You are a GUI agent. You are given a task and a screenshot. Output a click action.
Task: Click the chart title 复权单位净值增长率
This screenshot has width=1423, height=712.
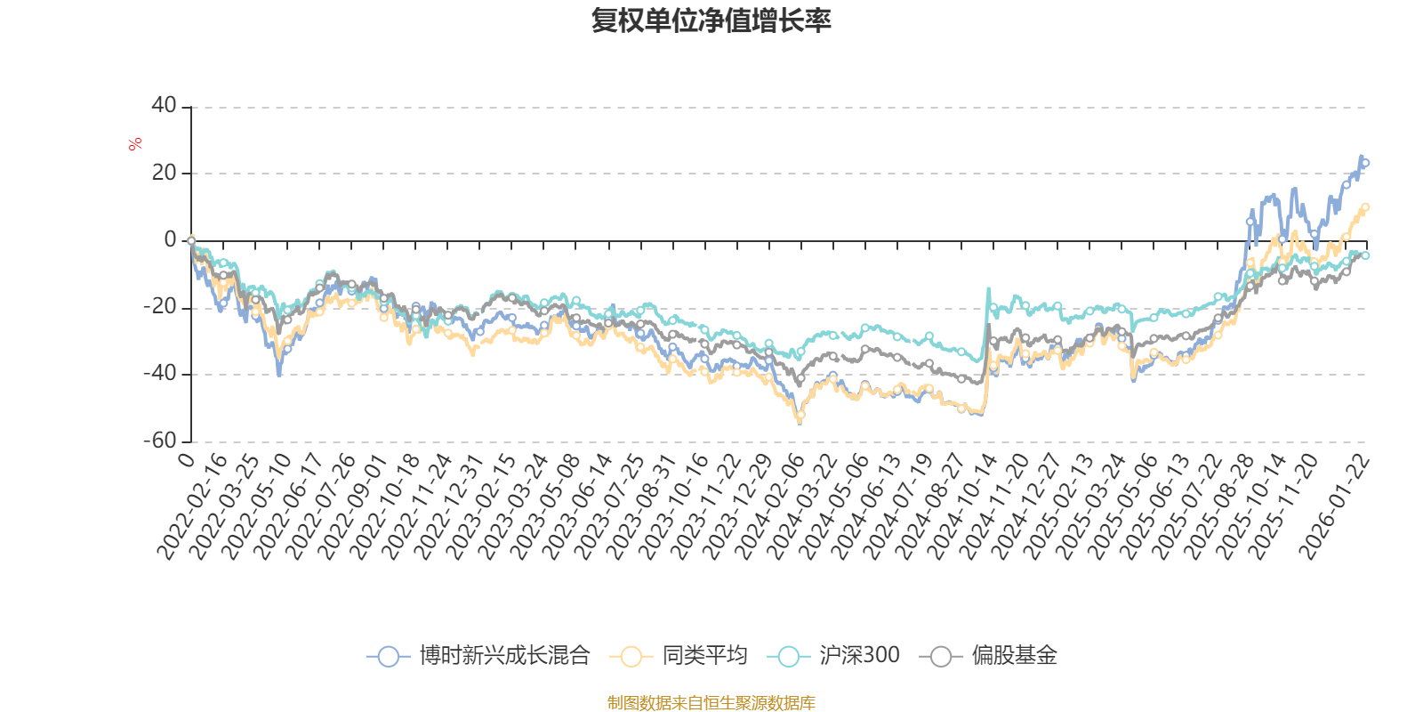(711, 20)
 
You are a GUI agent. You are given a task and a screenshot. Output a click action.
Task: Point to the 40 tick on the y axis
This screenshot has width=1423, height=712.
(165, 105)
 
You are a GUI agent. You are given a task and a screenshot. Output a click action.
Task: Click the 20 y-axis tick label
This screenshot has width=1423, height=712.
(165, 173)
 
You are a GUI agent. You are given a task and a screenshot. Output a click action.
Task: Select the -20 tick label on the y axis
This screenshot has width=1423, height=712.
(160, 307)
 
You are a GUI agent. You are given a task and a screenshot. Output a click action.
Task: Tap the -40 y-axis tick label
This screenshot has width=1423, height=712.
(160, 374)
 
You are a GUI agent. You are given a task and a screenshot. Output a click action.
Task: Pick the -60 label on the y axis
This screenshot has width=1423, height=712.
(160, 441)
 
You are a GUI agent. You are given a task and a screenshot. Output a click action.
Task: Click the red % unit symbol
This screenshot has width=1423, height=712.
(135, 144)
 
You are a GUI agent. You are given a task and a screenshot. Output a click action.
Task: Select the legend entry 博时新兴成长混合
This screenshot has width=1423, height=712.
(504, 657)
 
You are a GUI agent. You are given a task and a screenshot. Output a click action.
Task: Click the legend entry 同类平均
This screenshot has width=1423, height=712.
(703, 657)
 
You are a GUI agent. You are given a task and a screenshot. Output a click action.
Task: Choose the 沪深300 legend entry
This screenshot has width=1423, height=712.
(858, 657)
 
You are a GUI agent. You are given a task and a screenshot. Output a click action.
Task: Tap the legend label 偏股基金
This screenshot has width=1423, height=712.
(1014, 657)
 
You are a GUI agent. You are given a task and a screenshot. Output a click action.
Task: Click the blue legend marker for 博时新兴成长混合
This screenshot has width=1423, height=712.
(388, 657)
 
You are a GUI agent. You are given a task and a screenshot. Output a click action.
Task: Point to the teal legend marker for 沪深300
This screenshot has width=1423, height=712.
(788, 657)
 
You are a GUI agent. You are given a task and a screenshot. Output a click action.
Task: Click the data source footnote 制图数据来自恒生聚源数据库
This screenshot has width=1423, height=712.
(711, 703)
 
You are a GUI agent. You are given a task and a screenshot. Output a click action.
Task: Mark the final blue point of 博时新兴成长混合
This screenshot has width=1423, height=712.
(1366, 162)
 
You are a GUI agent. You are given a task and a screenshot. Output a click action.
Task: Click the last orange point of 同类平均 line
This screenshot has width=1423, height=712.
(1366, 207)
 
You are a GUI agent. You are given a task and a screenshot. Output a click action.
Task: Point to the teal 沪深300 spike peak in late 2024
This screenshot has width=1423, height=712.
(987, 288)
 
